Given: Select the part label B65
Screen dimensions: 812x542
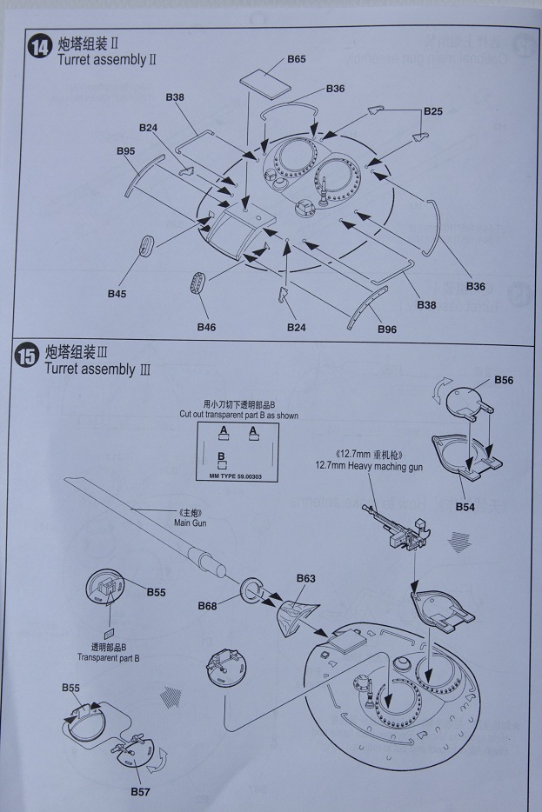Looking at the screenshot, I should [x=296, y=59].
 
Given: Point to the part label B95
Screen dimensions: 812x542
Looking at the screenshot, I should [x=125, y=150].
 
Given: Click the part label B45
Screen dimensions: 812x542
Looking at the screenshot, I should [x=117, y=294].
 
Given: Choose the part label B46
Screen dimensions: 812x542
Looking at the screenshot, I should [x=205, y=327].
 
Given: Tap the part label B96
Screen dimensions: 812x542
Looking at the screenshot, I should [x=388, y=329].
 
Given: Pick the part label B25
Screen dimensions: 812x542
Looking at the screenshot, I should [x=433, y=111].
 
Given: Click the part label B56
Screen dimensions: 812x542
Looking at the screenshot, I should [x=504, y=380].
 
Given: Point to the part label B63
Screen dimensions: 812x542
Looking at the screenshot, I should [x=305, y=578].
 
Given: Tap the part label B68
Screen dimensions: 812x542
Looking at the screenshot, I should [x=207, y=605].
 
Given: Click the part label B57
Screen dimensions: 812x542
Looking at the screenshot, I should [x=141, y=791].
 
